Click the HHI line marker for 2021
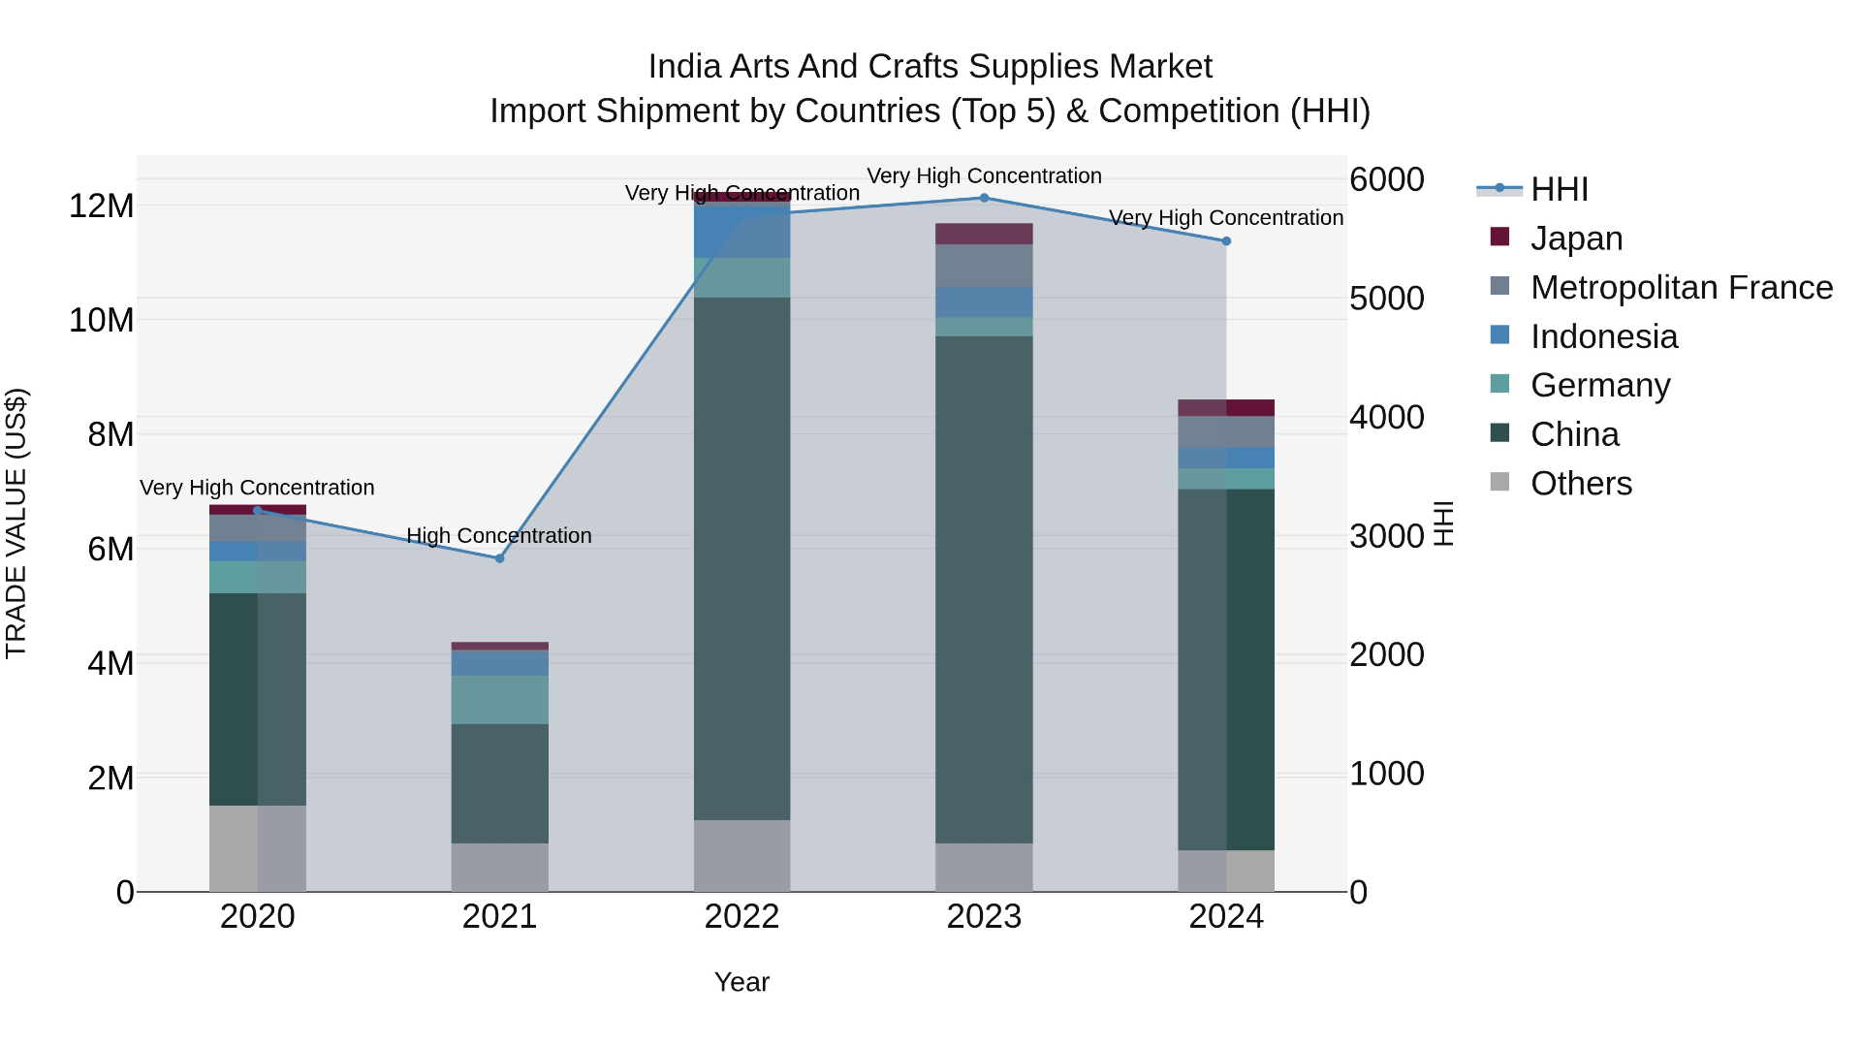click(499, 558)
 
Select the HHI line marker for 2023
click(984, 198)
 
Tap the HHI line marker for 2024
click(1226, 241)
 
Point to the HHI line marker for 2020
click(257, 511)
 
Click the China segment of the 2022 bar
click(741, 558)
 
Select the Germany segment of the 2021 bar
click(499, 700)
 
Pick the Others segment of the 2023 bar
click(984, 868)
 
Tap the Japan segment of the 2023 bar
click(984, 234)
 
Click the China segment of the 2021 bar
click(499, 783)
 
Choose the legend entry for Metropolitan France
click(1661, 287)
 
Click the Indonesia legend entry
click(1584, 336)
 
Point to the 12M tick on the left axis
click(101, 206)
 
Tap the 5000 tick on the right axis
click(1387, 298)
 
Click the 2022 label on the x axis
click(741, 916)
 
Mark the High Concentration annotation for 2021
click(499, 536)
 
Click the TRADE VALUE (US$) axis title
click(16, 523)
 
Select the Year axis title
click(741, 982)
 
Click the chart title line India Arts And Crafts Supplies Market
click(930, 66)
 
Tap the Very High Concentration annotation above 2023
click(984, 176)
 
